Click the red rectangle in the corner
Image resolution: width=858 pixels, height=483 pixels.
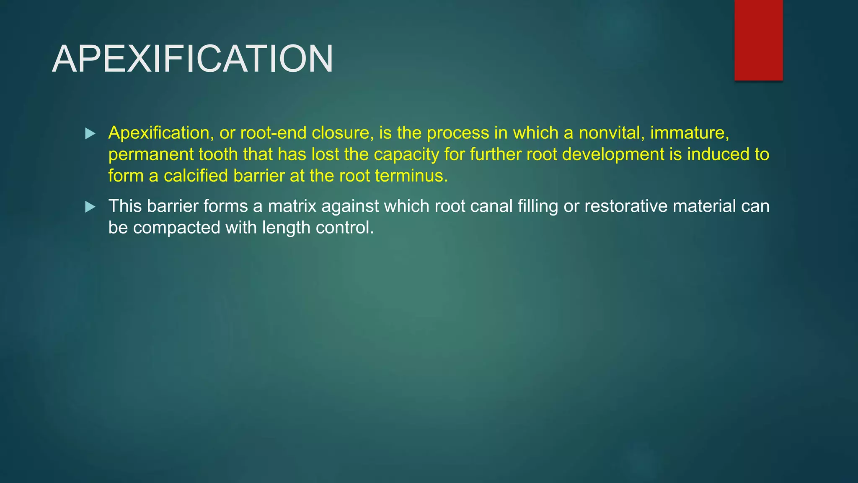tap(758, 40)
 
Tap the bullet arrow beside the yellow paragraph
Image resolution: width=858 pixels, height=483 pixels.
tap(90, 134)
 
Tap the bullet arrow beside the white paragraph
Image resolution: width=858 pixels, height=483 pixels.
tap(90, 207)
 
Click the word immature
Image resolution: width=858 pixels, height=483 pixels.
tap(689, 133)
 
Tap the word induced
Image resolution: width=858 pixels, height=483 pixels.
tap(718, 154)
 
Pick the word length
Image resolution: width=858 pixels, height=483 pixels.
tap(286, 228)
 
